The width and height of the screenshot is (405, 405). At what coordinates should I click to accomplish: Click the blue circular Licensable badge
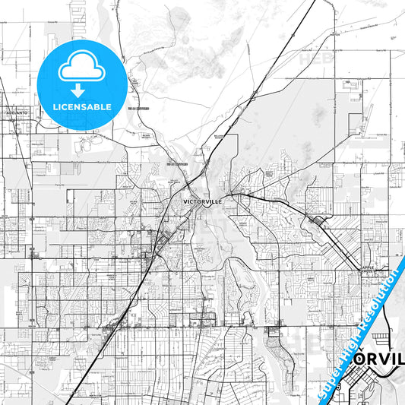point(82,84)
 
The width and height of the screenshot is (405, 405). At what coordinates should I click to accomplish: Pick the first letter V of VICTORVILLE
point(185,201)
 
